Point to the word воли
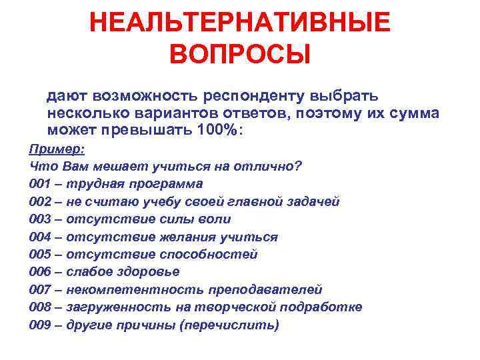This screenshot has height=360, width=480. [216, 219]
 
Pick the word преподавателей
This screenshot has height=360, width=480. [265, 289]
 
